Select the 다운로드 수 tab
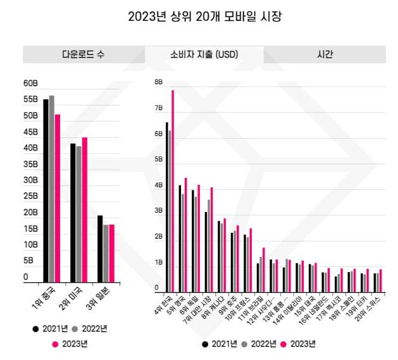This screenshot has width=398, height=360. point(83,54)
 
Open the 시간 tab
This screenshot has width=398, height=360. point(325,54)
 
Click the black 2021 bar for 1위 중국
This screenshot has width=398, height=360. point(46,190)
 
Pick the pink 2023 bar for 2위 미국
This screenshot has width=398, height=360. point(85,209)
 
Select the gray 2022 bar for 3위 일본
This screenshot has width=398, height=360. point(106,253)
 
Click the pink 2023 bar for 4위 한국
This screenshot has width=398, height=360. point(173,190)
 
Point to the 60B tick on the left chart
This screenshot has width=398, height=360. point(30,83)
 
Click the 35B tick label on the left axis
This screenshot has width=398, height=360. point(30,164)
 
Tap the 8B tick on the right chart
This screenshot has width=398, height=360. point(158,82)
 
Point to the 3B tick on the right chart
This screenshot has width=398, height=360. point(158,211)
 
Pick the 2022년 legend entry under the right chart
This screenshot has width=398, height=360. point(260,344)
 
